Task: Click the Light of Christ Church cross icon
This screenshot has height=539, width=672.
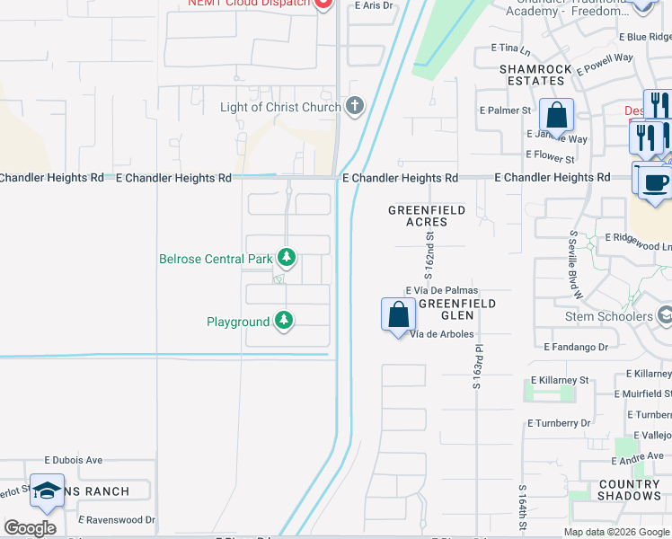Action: pyautogui.click(x=355, y=108)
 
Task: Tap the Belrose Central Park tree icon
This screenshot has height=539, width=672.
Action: pyautogui.click(x=287, y=259)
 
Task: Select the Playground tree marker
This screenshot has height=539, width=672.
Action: pyautogui.click(x=284, y=321)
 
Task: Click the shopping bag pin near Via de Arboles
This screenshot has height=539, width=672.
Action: pyautogui.click(x=398, y=315)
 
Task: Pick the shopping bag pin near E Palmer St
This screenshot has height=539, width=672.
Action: pyautogui.click(x=557, y=116)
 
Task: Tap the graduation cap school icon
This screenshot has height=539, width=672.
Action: pyautogui.click(x=47, y=490)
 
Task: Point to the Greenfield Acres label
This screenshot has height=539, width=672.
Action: pyautogui.click(x=427, y=216)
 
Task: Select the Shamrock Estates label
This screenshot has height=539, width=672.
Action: pyautogui.click(x=532, y=75)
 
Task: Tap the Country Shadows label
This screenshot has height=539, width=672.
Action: pyautogui.click(x=630, y=490)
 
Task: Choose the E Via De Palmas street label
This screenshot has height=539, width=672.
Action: pyautogui.click(x=442, y=291)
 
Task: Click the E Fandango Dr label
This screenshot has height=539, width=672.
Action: pyautogui.click(x=576, y=346)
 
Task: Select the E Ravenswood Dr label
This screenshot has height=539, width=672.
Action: pyautogui.click(x=117, y=519)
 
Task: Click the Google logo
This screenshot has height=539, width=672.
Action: pyautogui.click(x=31, y=528)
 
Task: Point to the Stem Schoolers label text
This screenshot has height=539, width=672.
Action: pyautogui.click(x=608, y=316)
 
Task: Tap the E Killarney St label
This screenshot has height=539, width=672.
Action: pyautogui.click(x=559, y=380)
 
